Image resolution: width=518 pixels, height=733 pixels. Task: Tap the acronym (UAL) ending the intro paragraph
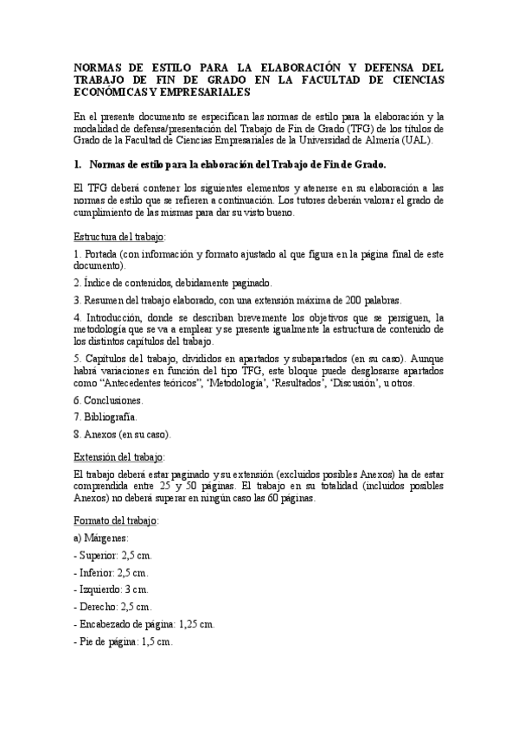point(425,140)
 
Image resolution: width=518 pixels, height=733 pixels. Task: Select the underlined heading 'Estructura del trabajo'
point(119,236)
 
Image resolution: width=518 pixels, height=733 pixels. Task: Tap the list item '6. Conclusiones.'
point(109,400)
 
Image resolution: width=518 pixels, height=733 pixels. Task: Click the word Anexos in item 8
point(103,434)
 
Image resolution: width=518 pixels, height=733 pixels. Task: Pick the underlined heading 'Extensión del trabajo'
point(118,456)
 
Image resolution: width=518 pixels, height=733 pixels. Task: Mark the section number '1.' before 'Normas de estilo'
point(78,163)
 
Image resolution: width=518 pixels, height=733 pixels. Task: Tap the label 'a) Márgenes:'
point(102,538)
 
